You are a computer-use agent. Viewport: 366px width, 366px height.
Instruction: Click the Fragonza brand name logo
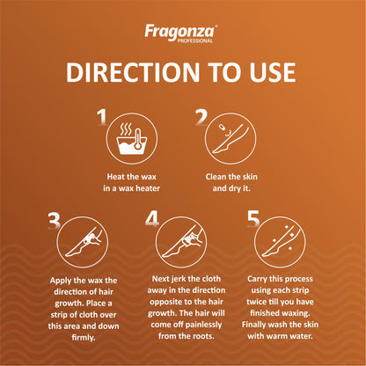click(x=180, y=32)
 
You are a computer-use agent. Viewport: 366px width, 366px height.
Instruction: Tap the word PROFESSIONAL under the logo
click(x=194, y=40)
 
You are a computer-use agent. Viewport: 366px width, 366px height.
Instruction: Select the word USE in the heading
click(x=273, y=72)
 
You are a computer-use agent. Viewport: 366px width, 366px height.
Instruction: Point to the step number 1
click(x=102, y=117)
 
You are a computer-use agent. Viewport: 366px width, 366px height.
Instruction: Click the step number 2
click(x=201, y=117)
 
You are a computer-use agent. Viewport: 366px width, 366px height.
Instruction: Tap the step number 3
click(x=54, y=221)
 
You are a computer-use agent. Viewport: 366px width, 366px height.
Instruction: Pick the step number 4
click(x=152, y=219)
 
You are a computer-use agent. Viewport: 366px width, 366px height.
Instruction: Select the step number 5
click(x=253, y=219)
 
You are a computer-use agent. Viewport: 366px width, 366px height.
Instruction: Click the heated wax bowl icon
click(x=132, y=139)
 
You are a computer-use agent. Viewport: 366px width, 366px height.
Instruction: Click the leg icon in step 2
click(x=231, y=139)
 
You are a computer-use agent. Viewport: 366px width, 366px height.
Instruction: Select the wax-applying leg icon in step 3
click(x=83, y=242)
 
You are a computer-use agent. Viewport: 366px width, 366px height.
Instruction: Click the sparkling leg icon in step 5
click(x=280, y=242)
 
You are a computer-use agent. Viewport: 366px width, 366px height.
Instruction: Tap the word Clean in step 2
click(x=216, y=177)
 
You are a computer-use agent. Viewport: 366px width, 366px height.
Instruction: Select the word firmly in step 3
click(x=84, y=338)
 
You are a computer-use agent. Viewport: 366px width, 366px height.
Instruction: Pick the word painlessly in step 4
click(x=203, y=325)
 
